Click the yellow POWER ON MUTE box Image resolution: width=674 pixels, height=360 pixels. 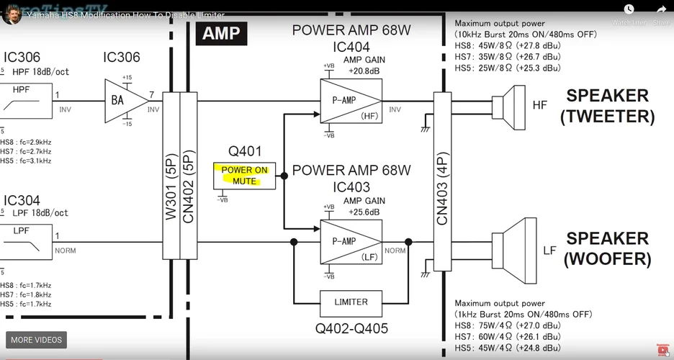(x=245, y=176)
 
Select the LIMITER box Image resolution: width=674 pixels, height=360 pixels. (x=351, y=302)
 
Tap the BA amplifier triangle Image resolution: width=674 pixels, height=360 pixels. (x=120, y=101)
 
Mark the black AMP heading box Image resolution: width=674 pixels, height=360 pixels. (x=221, y=33)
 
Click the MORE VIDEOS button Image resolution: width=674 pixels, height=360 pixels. (x=37, y=340)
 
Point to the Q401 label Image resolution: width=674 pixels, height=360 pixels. (x=244, y=152)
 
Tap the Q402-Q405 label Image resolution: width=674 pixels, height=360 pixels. (x=351, y=329)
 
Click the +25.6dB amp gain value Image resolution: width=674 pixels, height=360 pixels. (x=364, y=212)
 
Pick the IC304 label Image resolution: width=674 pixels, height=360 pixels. (x=22, y=201)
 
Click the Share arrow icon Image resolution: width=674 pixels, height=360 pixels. (x=661, y=10)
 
